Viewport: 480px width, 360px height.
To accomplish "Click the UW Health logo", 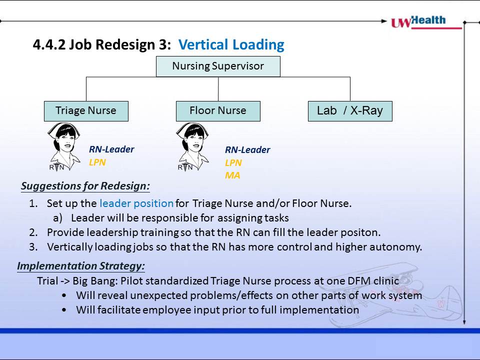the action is pos(426,22).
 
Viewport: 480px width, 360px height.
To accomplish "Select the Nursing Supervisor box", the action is pos(218,66).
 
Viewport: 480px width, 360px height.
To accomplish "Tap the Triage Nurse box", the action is pos(86,111).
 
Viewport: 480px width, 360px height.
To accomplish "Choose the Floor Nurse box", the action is pos(218,111).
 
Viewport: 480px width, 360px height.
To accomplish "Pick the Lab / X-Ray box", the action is pos(350,111).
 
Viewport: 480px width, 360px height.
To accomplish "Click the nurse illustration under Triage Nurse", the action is pos(64,147).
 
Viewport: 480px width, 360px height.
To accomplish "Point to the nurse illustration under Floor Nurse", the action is pos(192,147).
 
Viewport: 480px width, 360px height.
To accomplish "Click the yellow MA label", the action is pos(232,175).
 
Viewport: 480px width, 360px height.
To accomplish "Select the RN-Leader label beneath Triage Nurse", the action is pos(111,149).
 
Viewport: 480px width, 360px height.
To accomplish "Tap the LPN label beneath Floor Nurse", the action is pos(233,162).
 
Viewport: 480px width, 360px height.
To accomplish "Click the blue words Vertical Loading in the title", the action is pos(231,44).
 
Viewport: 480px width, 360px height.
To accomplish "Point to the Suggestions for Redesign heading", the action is pos(85,186).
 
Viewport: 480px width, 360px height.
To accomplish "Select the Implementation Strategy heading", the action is pos(81,265).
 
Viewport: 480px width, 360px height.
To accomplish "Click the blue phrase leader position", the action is pos(136,203).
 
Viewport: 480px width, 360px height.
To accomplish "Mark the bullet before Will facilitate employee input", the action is pos(64,310).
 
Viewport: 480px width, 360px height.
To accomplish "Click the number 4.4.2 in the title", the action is pos(49,44).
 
